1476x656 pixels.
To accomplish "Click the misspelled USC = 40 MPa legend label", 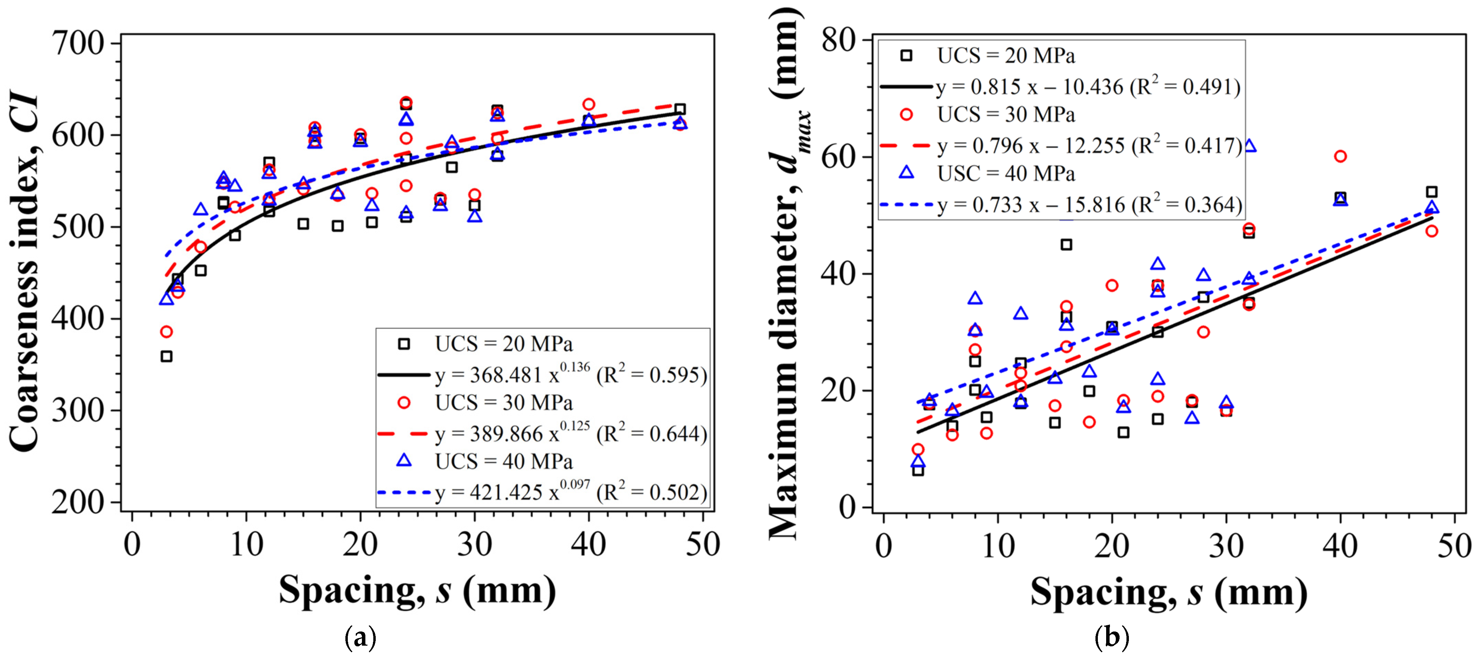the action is point(1006,173).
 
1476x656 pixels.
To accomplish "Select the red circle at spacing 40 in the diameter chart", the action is point(1340,156).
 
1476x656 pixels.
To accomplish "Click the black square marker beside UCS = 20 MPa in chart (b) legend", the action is point(906,56).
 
